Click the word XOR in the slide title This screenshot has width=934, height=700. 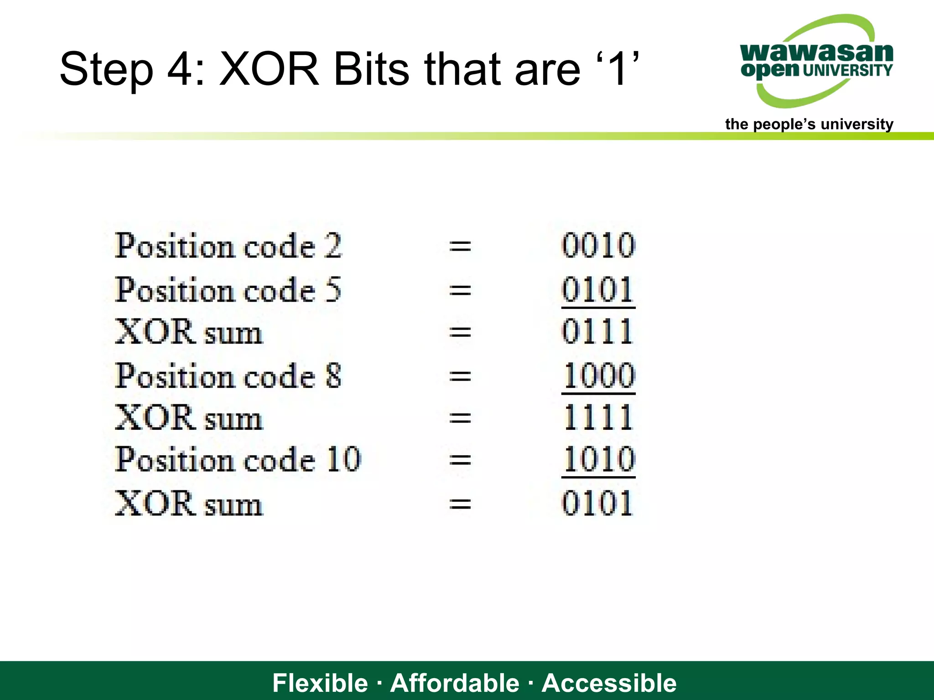click(x=269, y=69)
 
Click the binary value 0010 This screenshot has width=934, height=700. click(x=598, y=245)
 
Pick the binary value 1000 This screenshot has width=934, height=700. click(x=599, y=376)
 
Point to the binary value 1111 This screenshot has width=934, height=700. click(x=598, y=417)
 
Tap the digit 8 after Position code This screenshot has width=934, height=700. click(x=333, y=376)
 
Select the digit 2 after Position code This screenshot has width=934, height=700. click(x=333, y=245)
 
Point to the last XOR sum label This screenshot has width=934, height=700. click(x=188, y=504)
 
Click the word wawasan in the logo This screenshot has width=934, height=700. click(x=816, y=52)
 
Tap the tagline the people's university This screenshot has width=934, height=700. click(x=809, y=124)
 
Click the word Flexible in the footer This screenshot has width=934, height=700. click(x=320, y=683)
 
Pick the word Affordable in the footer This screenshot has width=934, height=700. click(x=455, y=683)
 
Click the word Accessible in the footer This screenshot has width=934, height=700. click(x=609, y=683)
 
